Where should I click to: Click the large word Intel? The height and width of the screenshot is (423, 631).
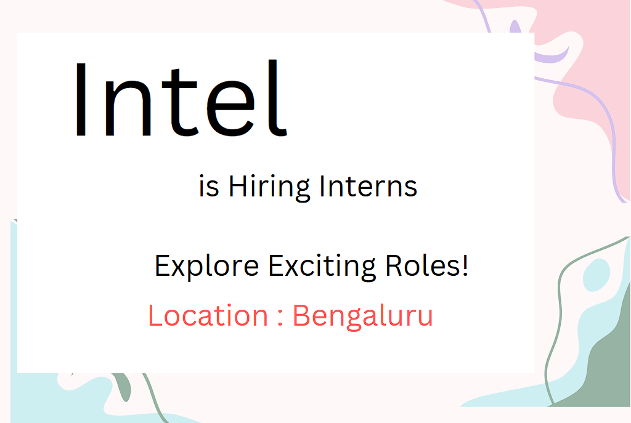pyautogui.click(x=181, y=98)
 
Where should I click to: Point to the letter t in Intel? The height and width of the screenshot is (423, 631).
pyautogui.click(x=179, y=102)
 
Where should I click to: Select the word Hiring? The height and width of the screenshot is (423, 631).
pyautogui.click(x=269, y=188)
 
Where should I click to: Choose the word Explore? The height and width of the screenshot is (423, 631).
pyautogui.click(x=207, y=266)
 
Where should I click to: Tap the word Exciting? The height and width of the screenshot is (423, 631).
pyautogui.click(x=322, y=266)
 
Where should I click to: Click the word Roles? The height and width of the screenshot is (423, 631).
pyautogui.click(x=422, y=265)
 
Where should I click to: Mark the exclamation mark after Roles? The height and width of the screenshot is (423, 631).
pyautogui.click(x=465, y=265)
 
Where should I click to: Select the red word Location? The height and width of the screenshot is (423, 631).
pyautogui.click(x=208, y=316)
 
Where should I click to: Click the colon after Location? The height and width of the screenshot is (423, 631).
pyautogui.click(x=280, y=318)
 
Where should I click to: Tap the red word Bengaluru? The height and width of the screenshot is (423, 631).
pyautogui.click(x=362, y=317)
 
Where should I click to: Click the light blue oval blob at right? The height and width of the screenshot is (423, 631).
pyautogui.click(x=596, y=275)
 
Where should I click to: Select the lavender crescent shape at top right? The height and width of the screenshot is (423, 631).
pyautogui.click(x=553, y=56)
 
